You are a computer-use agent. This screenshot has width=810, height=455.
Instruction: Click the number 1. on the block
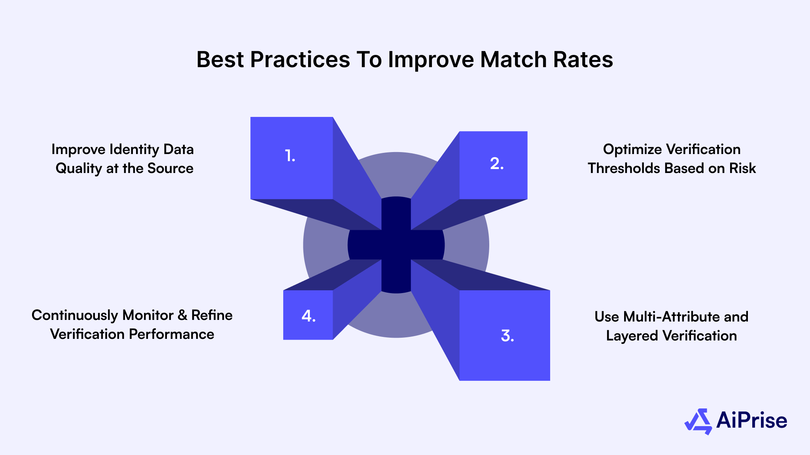click(x=290, y=156)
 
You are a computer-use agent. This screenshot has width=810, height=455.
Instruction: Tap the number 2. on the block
click(x=497, y=164)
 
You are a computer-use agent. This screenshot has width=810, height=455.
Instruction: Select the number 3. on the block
click(x=507, y=336)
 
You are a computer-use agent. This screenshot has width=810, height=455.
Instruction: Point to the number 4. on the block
click(x=308, y=316)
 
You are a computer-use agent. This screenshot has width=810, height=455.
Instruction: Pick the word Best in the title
click(x=220, y=60)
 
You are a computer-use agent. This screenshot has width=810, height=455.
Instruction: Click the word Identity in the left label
click(x=135, y=150)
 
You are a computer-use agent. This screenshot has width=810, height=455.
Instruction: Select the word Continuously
click(x=75, y=316)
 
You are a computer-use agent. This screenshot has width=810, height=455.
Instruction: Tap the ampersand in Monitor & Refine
click(x=182, y=316)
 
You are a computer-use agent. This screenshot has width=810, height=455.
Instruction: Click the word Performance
click(x=171, y=335)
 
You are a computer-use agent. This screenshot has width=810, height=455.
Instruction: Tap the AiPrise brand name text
click(x=751, y=421)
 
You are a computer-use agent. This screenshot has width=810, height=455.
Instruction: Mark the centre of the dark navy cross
click(x=396, y=245)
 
